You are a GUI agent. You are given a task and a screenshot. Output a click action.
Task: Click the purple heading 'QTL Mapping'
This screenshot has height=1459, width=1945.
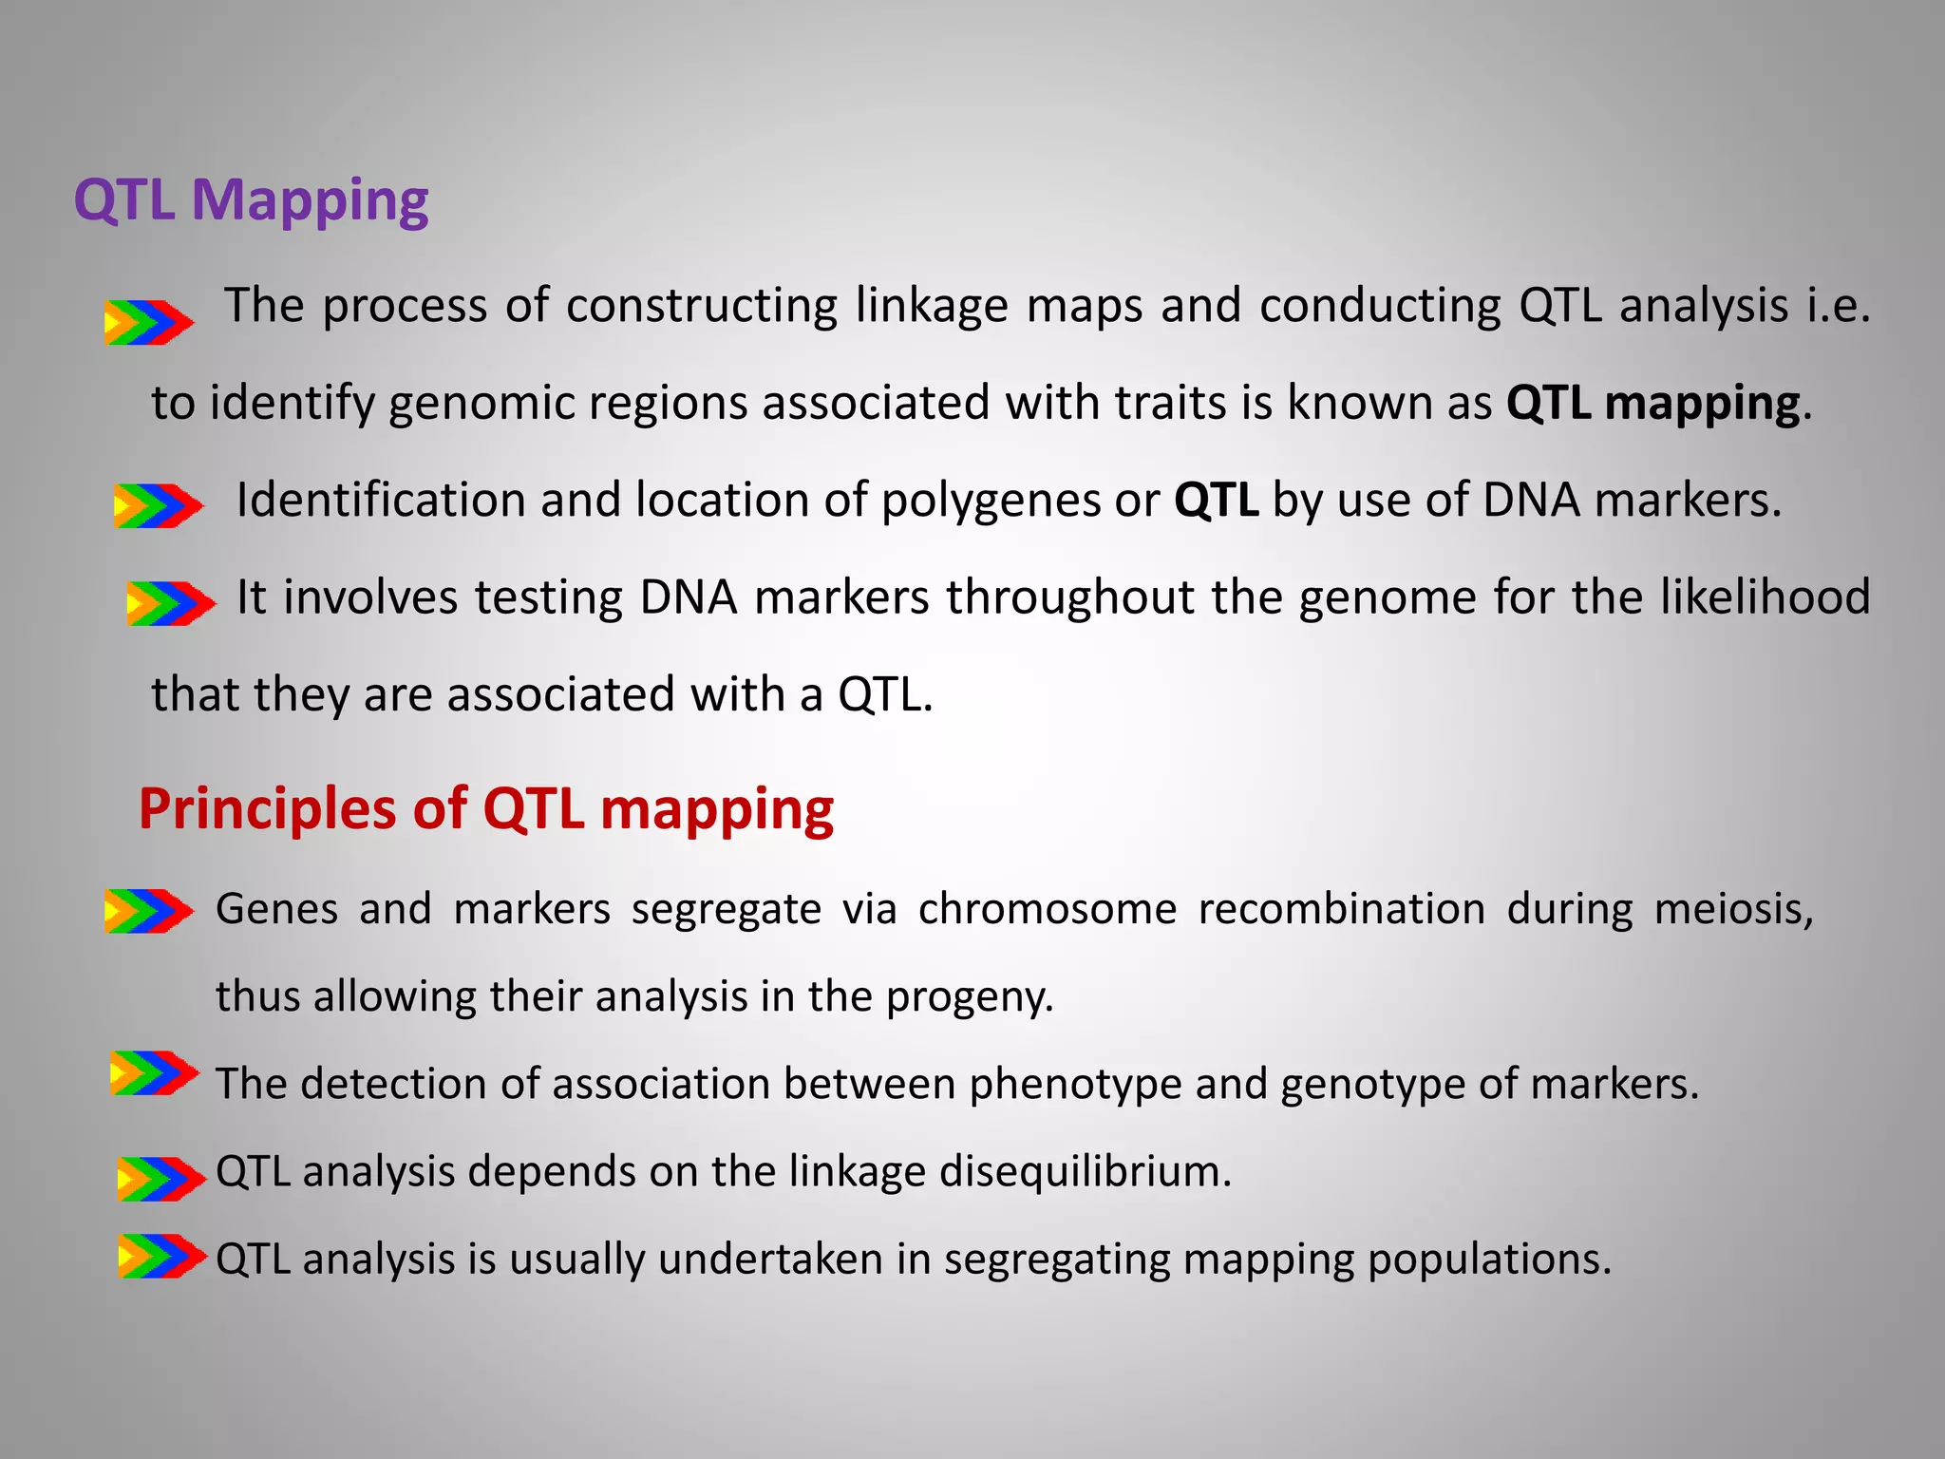[251, 201]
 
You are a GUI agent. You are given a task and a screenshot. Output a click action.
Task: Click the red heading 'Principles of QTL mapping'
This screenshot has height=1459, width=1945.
[485, 809]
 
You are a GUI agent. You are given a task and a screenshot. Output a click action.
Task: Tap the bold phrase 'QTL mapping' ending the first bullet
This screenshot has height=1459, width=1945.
[1652, 404]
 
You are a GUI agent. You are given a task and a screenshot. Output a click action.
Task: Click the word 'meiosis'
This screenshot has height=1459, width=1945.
[1731, 909]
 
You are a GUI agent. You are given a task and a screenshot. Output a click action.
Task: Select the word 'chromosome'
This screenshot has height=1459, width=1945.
[1047, 909]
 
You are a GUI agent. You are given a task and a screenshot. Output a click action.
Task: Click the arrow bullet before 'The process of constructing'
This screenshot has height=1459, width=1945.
[148, 322]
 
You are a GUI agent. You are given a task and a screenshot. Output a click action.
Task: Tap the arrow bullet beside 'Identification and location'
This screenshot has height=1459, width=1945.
[158, 505]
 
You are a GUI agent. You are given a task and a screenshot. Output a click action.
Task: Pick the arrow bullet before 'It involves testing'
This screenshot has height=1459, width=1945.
[170, 603]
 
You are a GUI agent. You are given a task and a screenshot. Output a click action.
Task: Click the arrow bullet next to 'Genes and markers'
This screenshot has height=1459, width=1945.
[148, 911]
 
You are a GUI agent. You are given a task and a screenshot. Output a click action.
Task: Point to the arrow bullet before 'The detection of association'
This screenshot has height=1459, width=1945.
[154, 1073]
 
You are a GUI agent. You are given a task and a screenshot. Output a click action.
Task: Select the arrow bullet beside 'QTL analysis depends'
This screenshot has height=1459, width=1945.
[161, 1179]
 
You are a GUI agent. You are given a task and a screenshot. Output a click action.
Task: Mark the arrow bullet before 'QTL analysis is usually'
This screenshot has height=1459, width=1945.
[161, 1256]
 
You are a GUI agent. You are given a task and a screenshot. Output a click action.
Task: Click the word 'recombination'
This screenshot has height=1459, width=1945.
[1341, 909]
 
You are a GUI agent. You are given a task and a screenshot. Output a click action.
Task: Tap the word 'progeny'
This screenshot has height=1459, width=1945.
[968, 997]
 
